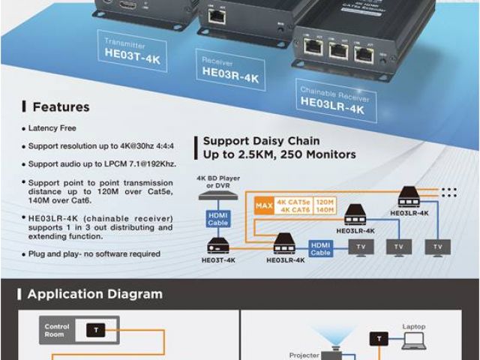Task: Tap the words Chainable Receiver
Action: click(x=331, y=91)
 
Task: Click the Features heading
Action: click(x=61, y=107)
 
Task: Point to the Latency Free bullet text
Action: click(x=52, y=128)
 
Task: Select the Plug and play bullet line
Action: click(x=94, y=253)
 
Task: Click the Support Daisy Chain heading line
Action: click(x=261, y=140)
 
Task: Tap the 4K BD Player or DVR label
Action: click(x=217, y=182)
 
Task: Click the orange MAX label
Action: click(x=264, y=205)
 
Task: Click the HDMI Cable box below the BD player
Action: click(x=217, y=218)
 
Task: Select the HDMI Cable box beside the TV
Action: click(x=321, y=248)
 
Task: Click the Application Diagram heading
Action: click(x=94, y=294)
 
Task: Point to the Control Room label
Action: click(x=57, y=330)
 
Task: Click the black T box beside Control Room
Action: click(x=95, y=330)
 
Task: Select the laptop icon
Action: click(x=413, y=341)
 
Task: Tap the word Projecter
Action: click(x=304, y=355)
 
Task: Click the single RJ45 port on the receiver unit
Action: click(x=217, y=16)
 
